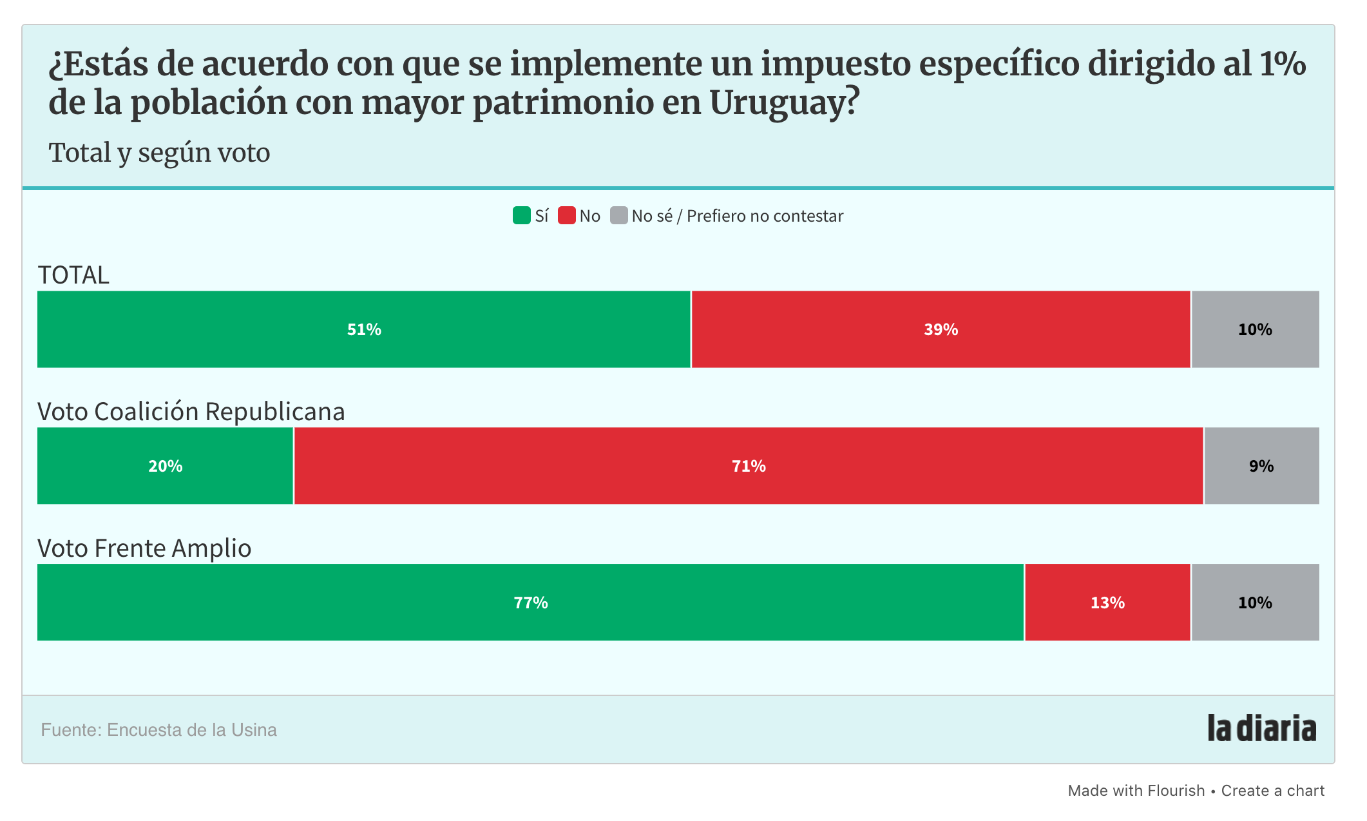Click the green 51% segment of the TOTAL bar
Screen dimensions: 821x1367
click(x=364, y=329)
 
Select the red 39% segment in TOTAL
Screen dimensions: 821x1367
click(x=941, y=329)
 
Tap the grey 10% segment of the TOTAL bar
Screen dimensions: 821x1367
click(x=1255, y=329)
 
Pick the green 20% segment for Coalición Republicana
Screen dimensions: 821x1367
click(x=165, y=466)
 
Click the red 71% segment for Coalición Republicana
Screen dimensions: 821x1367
click(x=748, y=466)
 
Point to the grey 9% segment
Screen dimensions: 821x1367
click(x=1261, y=466)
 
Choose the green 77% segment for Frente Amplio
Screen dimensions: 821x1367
click(x=530, y=603)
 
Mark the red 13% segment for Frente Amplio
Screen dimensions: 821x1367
click(x=1107, y=603)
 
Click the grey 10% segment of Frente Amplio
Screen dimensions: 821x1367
click(x=1255, y=603)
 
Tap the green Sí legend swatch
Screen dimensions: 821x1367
click(x=521, y=215)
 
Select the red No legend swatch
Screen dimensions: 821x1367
click(x=566, y=215)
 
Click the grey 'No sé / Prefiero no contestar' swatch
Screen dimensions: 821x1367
click(x=618, y=215)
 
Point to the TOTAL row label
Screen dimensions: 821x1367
click(x=73, y=275)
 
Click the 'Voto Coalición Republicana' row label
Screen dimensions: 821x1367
click(x=191, y=412)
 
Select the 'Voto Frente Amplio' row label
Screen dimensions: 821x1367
click(x=144, y=548)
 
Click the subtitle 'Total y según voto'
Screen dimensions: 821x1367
click(x=159, y=153)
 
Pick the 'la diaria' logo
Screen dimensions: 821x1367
click(x=1261, y=728)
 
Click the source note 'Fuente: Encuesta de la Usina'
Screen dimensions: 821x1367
click(x=158, y=730)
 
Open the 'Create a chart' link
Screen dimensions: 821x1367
click(x=1272, y=791)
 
